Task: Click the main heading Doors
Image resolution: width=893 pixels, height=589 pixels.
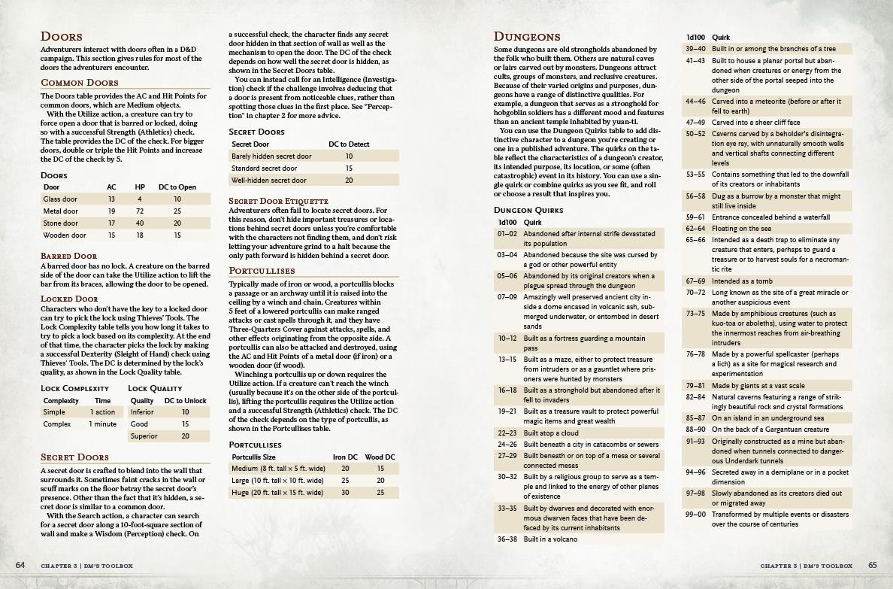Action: (x=62, y=37)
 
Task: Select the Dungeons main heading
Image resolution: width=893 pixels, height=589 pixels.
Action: (x=527, y=37)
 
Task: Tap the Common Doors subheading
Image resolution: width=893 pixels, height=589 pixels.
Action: (x=80, y=83)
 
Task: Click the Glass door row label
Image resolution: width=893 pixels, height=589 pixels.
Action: (x=61, y=199)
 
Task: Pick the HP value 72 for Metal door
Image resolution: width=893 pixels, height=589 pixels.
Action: (x=140, y=211)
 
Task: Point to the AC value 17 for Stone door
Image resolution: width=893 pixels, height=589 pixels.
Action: (x=111, y=223)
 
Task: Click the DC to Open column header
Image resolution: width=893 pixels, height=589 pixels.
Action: (x=177, y=187)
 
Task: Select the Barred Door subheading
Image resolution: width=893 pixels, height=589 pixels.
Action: (x=68, y=257)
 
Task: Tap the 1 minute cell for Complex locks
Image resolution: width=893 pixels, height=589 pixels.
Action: (x=103, y=424)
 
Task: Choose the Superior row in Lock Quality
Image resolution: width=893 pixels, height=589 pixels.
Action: (x=144, y=436)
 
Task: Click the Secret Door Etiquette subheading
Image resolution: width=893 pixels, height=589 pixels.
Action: (x=278, y=201)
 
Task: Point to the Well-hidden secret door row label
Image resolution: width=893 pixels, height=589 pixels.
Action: (x=269, y=181)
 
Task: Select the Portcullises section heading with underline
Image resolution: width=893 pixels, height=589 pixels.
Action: (x=262, y=271)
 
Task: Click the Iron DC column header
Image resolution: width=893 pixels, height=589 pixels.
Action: (x=344, y=457)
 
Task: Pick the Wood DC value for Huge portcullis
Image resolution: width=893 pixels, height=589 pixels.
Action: (x=380, y=493)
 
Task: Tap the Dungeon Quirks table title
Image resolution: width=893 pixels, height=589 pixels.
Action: (x=527, y=210)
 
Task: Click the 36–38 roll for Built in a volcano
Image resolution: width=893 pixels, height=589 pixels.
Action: (x=507, y=539)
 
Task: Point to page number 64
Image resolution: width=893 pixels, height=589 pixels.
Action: (x=20, y=565)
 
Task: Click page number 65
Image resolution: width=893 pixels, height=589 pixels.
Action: (x=873, y=565)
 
